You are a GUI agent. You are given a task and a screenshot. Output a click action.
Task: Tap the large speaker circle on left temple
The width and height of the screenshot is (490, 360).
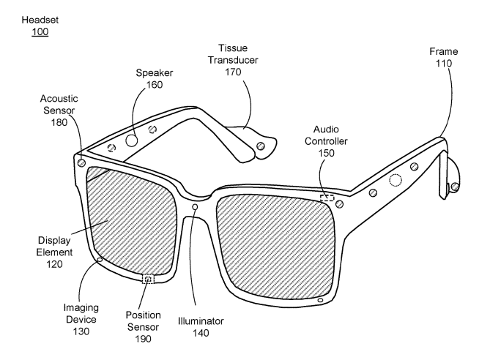(x=132, y=139)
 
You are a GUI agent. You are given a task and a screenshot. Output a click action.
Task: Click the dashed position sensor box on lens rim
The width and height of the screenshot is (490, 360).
(x=149, y=279)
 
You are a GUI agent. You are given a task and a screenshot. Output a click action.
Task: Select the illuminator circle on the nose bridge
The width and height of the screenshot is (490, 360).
(x=195, y=208)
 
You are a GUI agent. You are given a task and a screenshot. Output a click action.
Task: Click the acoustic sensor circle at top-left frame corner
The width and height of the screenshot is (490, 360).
(x=81, y=162)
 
